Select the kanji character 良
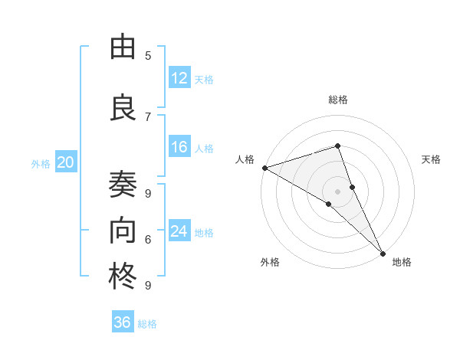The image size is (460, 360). [123, 106]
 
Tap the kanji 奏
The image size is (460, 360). [123, 185]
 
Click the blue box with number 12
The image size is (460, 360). [179, 78]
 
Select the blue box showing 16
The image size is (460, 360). [179, 148]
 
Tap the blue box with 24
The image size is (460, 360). [179, 231]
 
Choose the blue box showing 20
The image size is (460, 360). [66, 162]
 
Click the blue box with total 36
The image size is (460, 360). [123, 322]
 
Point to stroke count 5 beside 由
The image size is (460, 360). [148, 55]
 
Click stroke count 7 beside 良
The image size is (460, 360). [148, 116]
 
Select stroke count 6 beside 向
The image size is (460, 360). [148, 240]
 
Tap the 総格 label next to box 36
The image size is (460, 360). [147, 324]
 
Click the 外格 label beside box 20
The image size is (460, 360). [41, 163]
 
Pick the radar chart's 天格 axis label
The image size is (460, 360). [432, 159]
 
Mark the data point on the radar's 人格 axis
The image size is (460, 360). [264, 168]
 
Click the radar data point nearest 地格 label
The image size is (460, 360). [383, 253]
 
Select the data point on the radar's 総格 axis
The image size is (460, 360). [337, 146]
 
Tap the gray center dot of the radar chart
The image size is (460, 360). [337, 191]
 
